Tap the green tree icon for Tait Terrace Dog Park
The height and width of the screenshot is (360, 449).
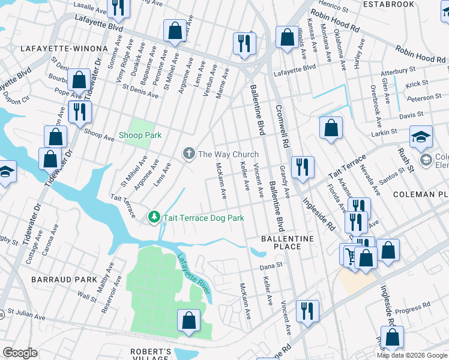pyautogui.click(x=154, y=216)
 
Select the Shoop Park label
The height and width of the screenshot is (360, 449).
pyautogui.click(x=140, y=136)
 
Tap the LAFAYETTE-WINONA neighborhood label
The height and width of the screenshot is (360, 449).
pyautogui.click(x=64, y=48)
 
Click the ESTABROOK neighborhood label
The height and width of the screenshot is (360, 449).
pyautogui.click(x=389, y=4)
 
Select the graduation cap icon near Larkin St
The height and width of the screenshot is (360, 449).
pyautogui.click(x=421, y=137)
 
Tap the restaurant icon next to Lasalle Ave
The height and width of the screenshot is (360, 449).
pyautogui.click(x=118, y=6)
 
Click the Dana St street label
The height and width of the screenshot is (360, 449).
pyautogui.click(x=270, y=266)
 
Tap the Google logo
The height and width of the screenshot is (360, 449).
pyautogui.click(x=20, y=353)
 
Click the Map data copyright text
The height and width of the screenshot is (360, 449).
pyautogui.click(x=411, y=355)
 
